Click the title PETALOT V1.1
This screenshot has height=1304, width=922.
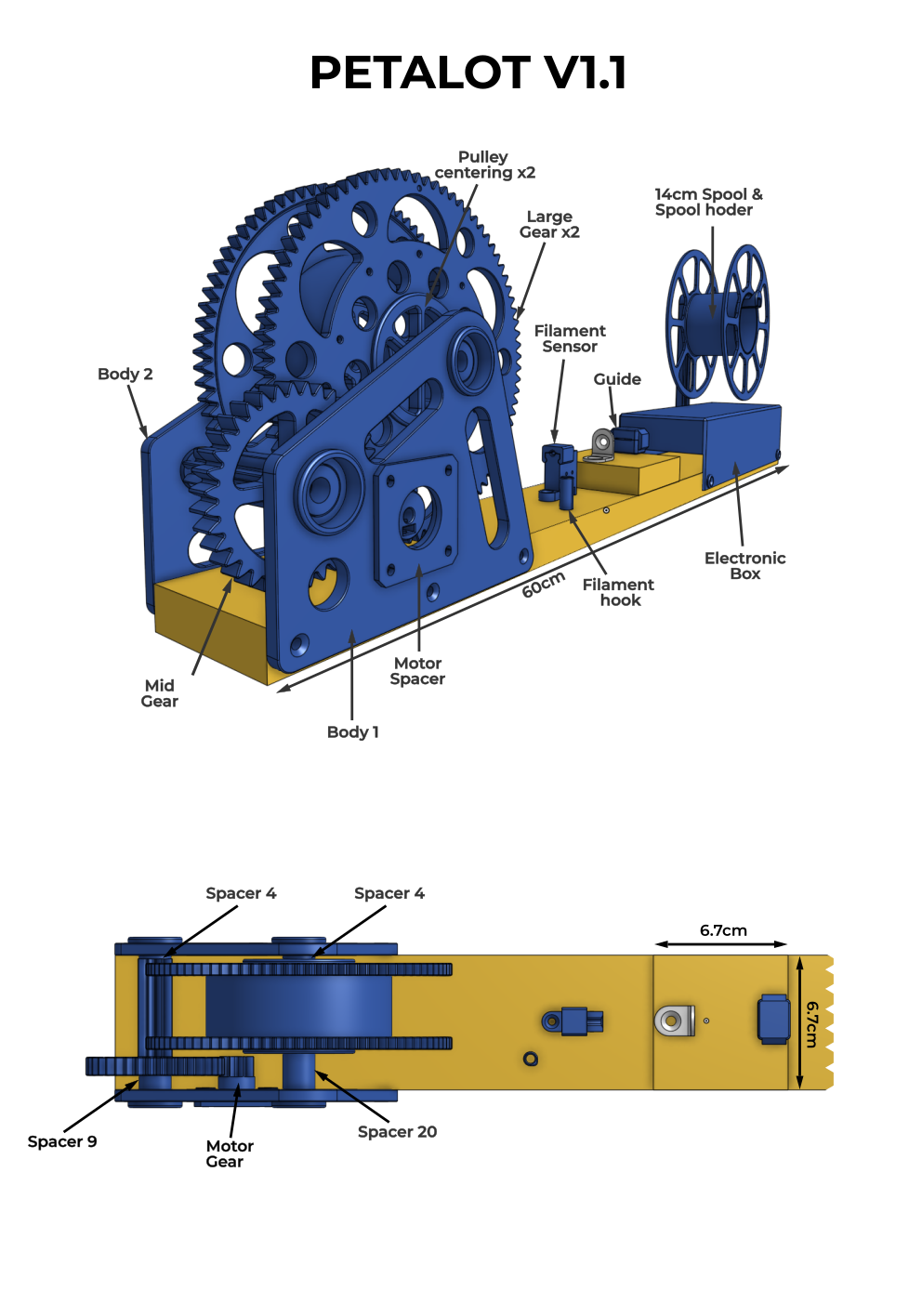[x=468, y=72]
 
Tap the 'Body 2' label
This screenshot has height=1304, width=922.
[x=125, y=374]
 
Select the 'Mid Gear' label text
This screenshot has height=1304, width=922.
[x=160, y=692]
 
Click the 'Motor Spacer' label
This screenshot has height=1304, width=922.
[x=417, y=671]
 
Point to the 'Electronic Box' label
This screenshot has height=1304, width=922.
[x=745, y=566]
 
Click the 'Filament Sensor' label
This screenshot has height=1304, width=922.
[x=570, y=338]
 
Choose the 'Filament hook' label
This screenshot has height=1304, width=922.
[x=618, y=592]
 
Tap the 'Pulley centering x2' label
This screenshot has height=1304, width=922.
[x=485, y=165]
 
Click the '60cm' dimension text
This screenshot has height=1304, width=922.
[x=543, y=584]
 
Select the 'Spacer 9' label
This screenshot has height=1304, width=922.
[x=62, y=1141]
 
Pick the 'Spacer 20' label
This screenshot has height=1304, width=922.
[x=397, y=1131]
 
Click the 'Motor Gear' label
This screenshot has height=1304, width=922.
[x=230, y=1153]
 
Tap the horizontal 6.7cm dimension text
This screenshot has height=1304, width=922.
[x=723, y=929]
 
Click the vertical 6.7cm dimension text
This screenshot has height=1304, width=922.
[x=811, y=1024]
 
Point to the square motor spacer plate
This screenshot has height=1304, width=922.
[x=415, y=520]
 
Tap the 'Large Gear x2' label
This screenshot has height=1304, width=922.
[x=549, y=224]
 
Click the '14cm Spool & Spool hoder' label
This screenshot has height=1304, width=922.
[x=708, y=202]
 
